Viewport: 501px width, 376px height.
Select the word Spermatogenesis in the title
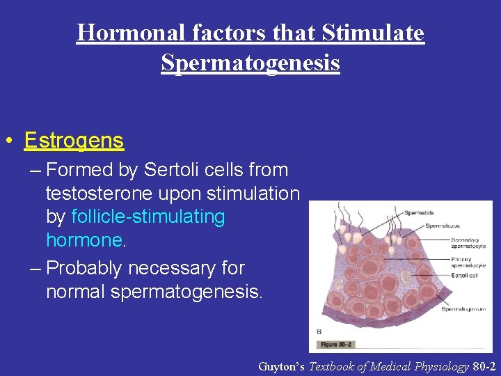click(x=250, y=63)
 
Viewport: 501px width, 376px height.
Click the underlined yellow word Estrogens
click(x=74, y=141)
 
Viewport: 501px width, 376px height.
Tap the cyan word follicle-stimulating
click(x=148, y=217)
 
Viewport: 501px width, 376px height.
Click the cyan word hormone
click(x=83, y=241)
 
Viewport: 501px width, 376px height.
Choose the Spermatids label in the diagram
click(x=418, y=212)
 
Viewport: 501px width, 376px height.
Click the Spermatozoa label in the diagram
click(x=445, y=226)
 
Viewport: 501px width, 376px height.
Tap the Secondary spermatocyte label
click(x=468, y=242)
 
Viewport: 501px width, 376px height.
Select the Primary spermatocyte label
click(x=468, y=263)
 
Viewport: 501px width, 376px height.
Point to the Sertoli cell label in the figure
click(x=463, y=276)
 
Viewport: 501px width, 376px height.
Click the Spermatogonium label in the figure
click(x=464, y=308)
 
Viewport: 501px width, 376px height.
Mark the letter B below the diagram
click(x=319, y=331)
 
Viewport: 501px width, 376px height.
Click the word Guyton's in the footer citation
click(x=281, y=366)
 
